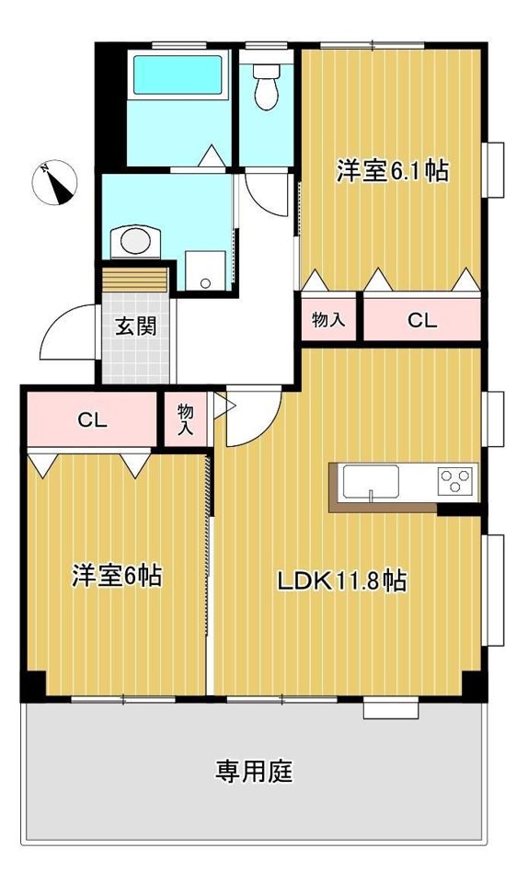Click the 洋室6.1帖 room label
(392, 171)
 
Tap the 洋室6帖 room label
(118, 577)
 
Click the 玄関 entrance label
(134, 326)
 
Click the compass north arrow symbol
(55, 182)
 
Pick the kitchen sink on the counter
(370, 480)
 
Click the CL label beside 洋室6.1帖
(422, 321)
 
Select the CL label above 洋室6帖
(93, 421)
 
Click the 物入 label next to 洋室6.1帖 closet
(328, 320)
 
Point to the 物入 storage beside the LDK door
(186, 419)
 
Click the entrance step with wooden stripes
(134, 277)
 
